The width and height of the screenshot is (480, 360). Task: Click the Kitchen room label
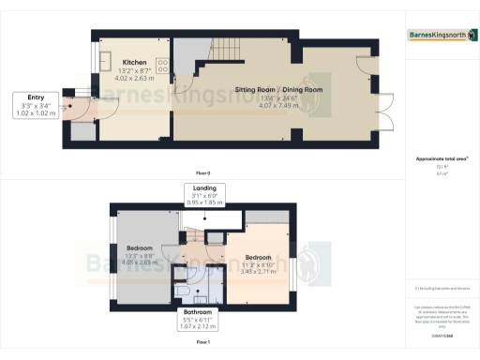coord(133,62)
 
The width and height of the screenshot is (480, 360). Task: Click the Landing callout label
coord(199,194)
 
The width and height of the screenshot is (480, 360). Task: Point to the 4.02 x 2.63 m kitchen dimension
coord(133,78)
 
